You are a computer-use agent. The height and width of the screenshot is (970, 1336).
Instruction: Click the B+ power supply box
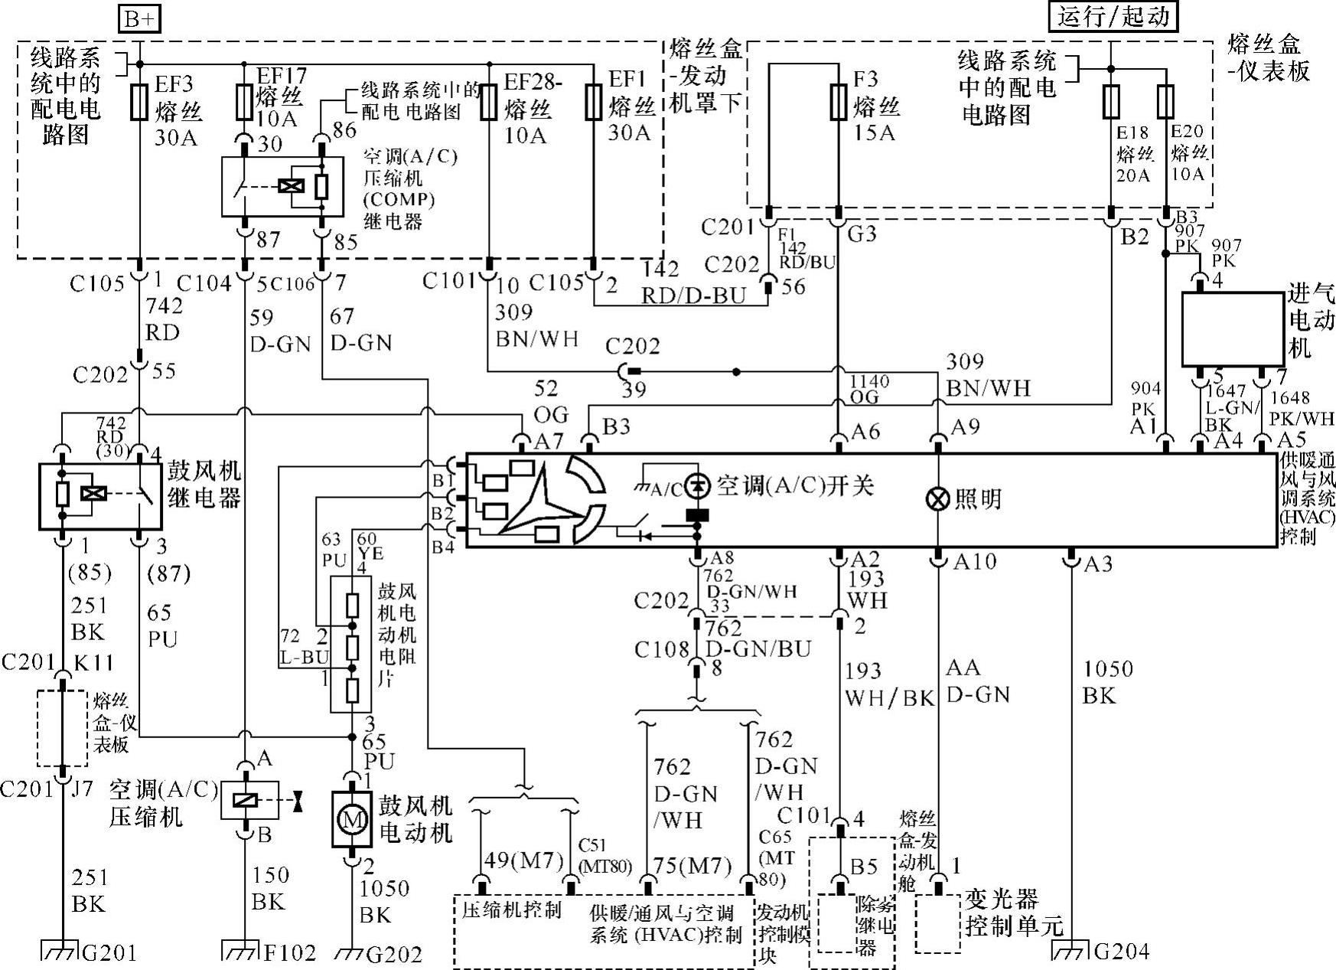coord(139,18)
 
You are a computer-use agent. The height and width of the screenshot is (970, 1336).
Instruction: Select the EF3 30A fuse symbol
coord(138,103)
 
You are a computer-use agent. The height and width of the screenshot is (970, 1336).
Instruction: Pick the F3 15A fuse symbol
coord(839,103)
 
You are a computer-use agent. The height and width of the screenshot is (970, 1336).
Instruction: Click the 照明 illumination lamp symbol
coord(937,499)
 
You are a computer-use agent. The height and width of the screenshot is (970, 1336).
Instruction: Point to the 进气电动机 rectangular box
coord(1233,329)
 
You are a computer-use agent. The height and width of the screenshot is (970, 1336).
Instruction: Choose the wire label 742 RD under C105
coord(164,318)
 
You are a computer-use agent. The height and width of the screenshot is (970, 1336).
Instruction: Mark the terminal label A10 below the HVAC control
coord(974,563)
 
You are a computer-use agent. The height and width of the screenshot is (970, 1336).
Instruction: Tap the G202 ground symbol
coord(351,952)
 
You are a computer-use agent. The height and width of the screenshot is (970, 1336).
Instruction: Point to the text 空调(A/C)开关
coord(795,485)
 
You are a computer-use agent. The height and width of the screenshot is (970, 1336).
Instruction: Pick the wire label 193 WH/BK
coord(889,684)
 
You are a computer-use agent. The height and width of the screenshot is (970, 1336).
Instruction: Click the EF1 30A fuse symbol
coord(593,103)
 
